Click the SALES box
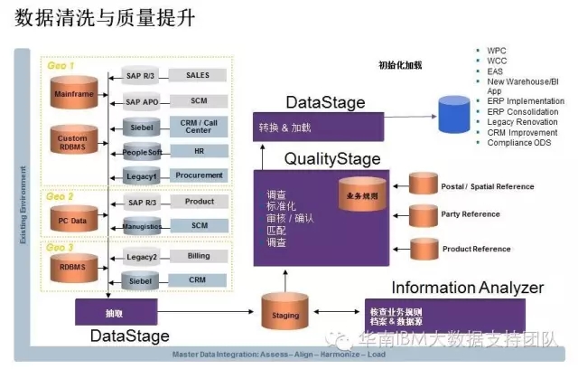[197, 75]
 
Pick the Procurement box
[197, 175]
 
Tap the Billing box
[197, 257]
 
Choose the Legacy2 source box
[142, 258]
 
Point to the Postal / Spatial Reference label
[487, 186]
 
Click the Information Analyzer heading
[467, 288]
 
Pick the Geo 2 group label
[60, 195]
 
